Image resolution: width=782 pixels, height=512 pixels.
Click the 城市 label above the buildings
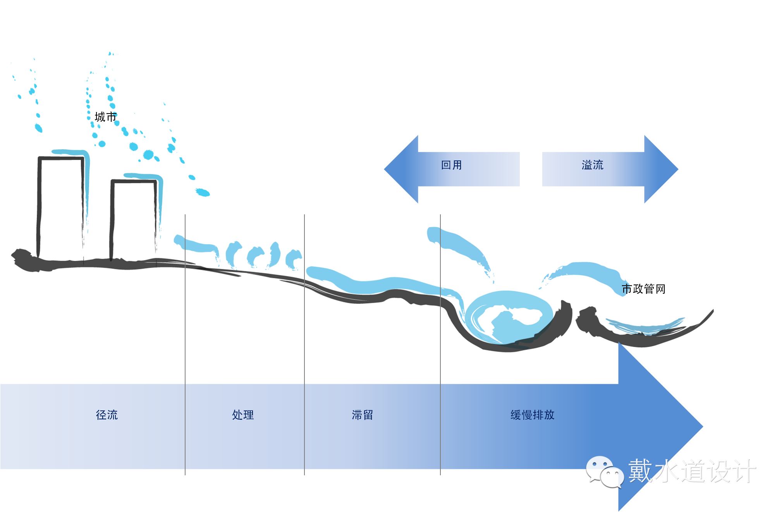[x=105, y=117]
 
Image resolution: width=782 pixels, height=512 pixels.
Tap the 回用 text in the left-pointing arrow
[x=452, y=165]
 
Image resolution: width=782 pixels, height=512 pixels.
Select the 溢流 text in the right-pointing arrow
[x=592, y=165]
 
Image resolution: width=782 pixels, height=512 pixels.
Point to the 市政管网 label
[x=643, y=289]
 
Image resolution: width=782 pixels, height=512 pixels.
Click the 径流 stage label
[x=107, y=415]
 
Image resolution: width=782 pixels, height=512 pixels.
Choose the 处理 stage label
[x=243, y=415]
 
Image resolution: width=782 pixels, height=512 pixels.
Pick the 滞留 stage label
[x=362, y=415]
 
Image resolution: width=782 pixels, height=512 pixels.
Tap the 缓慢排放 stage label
[x=532, y=415]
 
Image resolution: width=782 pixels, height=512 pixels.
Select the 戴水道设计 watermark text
[x=692, y=471]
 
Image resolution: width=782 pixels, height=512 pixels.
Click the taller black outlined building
[x=60, y=207]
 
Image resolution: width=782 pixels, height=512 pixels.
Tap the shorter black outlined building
[x=133, y=219]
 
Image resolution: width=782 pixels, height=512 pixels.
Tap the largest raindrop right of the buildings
[x=202, y=192]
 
